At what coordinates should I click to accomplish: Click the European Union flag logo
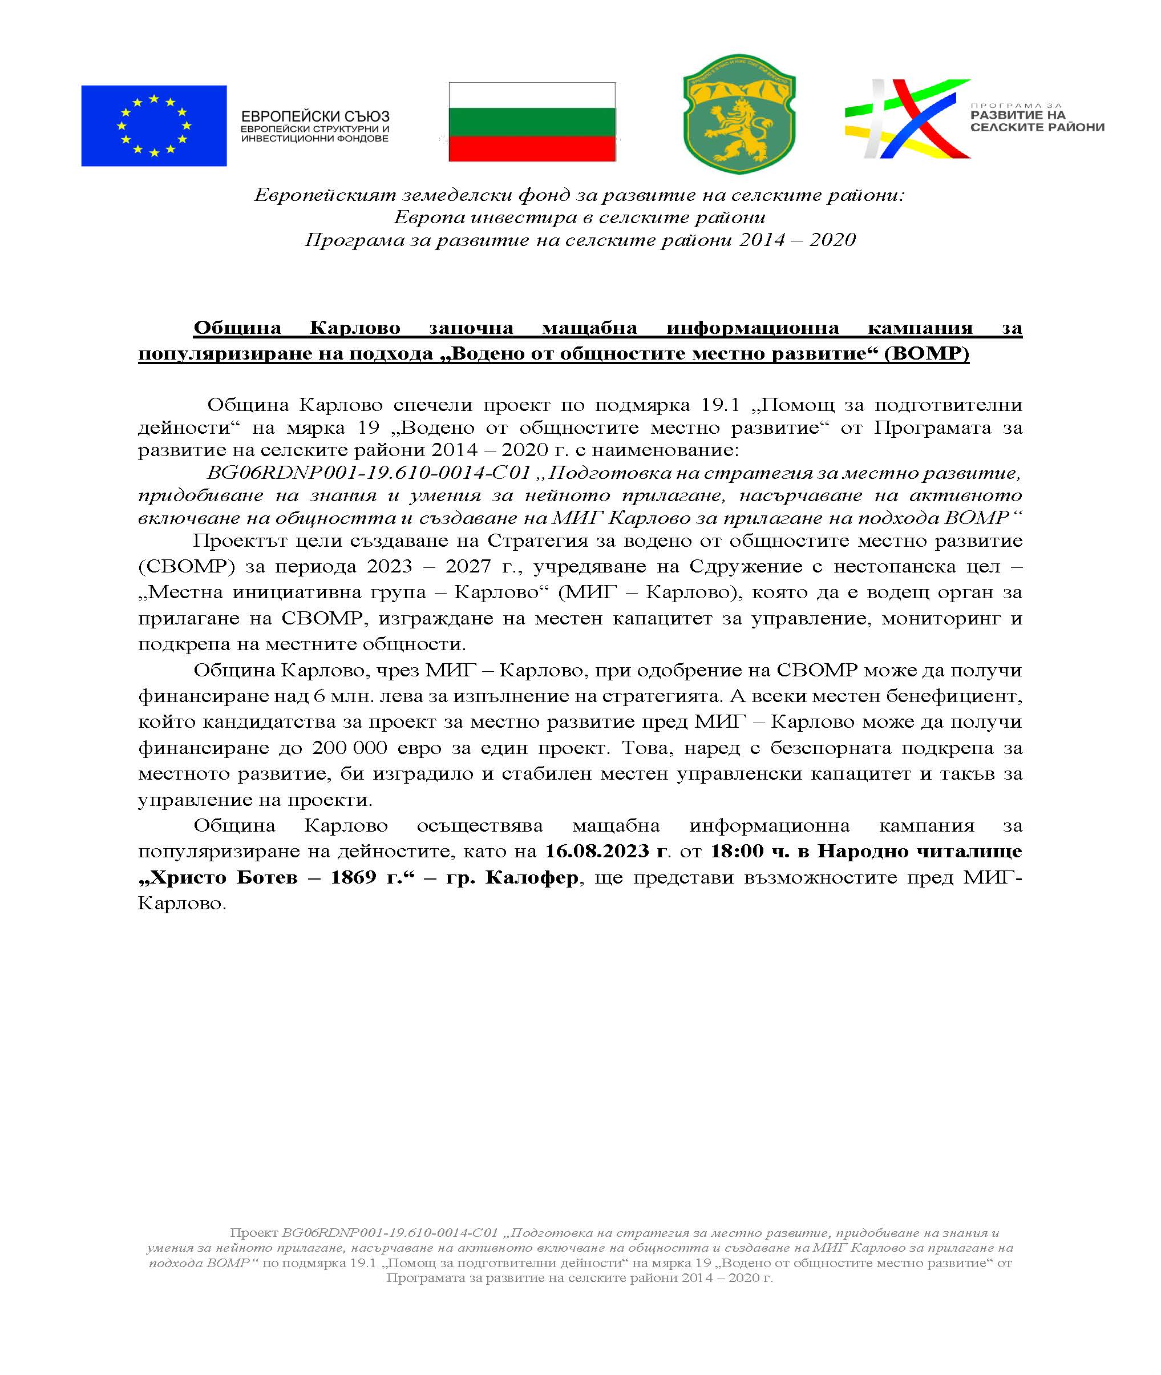pos(153,125)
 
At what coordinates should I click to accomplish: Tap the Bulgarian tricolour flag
pos(532,122)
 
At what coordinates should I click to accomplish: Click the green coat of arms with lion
pos(739,114)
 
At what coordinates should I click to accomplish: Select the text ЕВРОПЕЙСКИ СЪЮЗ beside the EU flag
pos(315,116)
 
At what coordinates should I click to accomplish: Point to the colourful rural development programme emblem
pos(907,119)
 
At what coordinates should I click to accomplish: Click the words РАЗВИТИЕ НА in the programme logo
pos(1018,115)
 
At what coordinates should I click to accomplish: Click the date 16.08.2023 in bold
pos(597,852)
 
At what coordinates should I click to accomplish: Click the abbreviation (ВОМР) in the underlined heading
pos(927,354)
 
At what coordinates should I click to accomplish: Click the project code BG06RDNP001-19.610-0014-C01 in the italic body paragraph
pos(369,473)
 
